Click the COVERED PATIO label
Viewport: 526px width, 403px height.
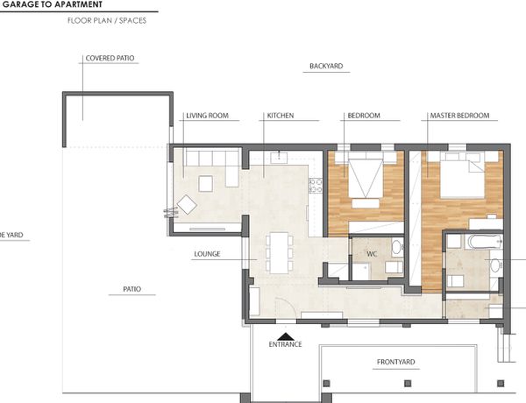[x=110, y=58]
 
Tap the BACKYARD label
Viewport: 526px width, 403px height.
[x=326, y=66]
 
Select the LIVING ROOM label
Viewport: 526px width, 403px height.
[x=207, y=116]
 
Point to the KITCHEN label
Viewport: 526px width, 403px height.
[x=281, y=116]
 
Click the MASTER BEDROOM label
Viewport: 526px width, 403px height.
[x=459, y=116]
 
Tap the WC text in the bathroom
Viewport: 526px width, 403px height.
[x=372, y=254]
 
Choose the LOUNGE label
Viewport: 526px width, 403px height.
[x=207, y=254]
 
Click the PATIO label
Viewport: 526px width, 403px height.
[x=131, y=289]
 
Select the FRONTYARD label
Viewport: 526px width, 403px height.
[x=396, y=362]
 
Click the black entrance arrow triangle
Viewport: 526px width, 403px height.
[x=286, y=336]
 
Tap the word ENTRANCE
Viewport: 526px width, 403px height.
[x=285, y=344]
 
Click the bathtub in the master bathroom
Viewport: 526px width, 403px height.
[x=484, y=242]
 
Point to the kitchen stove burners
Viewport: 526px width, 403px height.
[x=316, y=186]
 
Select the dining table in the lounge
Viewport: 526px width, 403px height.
[x=279, y=253]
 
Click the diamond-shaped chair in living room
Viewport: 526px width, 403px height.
[x=187, y=204]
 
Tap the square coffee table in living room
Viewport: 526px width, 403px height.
[x=206, y=184]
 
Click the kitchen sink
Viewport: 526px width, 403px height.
[x=279, y=157]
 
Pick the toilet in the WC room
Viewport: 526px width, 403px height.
[x=397, y=248]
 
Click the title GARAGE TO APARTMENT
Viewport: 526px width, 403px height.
[x=52, y=4]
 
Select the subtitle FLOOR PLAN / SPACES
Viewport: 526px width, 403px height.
[x=107, y=20]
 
